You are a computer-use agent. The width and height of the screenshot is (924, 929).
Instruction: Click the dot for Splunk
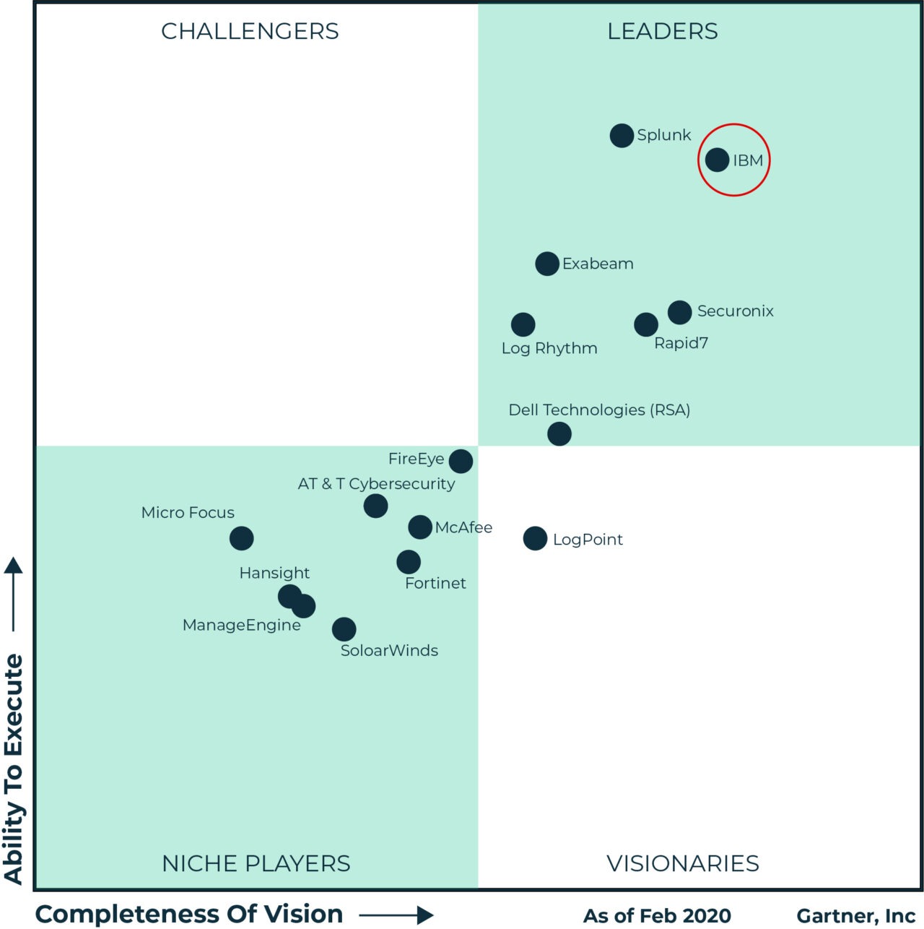(x=622, y=135)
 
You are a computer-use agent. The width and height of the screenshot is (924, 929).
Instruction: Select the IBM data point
(x=717, y=160)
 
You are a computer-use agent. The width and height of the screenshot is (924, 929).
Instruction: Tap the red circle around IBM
(x=734, y=124)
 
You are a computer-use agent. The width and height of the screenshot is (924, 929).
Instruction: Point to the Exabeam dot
(x=547, y=264)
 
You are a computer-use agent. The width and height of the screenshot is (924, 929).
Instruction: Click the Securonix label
(x=735, y=311)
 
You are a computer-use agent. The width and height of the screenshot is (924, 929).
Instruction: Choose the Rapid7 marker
(x=646, y=324)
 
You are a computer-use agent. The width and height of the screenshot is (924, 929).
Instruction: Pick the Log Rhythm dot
(x=523, y=324)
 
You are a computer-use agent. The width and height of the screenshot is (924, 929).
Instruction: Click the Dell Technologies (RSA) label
(x=599, y=410)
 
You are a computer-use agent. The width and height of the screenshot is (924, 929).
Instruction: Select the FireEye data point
(x=461, y=461)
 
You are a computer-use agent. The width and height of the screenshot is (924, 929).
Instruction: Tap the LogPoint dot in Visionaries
(x=535, y=538)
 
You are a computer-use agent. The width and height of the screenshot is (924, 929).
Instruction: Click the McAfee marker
(x=420, y=527)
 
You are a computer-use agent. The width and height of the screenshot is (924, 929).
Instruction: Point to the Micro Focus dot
(x=242, y=538)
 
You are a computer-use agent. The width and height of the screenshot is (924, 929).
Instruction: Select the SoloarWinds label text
(x=389, y=651)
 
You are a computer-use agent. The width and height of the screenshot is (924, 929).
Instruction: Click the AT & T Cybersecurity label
(x=376, y=484)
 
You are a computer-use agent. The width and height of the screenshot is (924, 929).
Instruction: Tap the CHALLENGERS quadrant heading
(x=250, y=32)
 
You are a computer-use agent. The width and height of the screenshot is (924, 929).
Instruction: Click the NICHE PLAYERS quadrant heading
(x=256, y=863)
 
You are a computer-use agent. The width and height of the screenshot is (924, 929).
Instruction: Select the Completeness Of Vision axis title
(x=189, y=914)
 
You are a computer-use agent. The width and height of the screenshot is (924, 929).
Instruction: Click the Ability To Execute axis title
(x=14, y=769)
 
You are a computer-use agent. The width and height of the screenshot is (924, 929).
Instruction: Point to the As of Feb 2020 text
(x=657, y=916)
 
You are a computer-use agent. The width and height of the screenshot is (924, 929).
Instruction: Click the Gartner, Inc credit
(x=856, y=916)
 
